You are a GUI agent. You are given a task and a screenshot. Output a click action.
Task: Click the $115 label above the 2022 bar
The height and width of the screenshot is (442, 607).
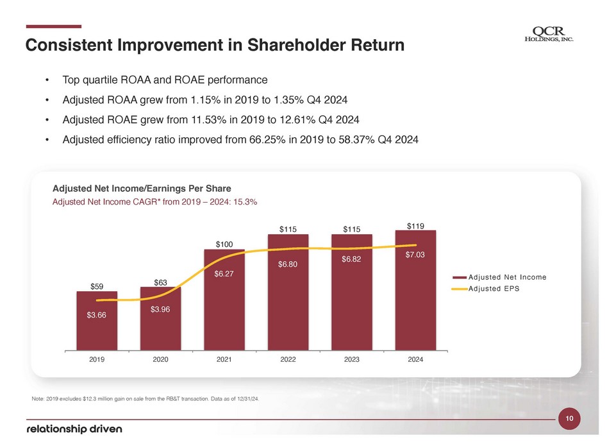tap(287, 228)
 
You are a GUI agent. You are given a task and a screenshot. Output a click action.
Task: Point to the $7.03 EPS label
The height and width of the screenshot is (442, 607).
tap(415, 255)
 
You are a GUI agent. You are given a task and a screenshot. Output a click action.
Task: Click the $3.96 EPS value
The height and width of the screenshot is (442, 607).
tap(160, 310)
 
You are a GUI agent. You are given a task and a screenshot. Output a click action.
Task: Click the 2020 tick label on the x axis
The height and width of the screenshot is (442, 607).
tap(160, 359)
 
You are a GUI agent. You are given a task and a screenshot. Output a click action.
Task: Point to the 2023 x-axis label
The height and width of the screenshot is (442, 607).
tap(351, 359)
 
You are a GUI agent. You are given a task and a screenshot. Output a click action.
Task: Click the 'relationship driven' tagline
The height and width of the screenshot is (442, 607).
tap(74, 429)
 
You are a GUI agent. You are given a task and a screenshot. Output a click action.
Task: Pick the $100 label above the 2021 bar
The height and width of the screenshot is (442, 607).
tap(224, 244)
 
